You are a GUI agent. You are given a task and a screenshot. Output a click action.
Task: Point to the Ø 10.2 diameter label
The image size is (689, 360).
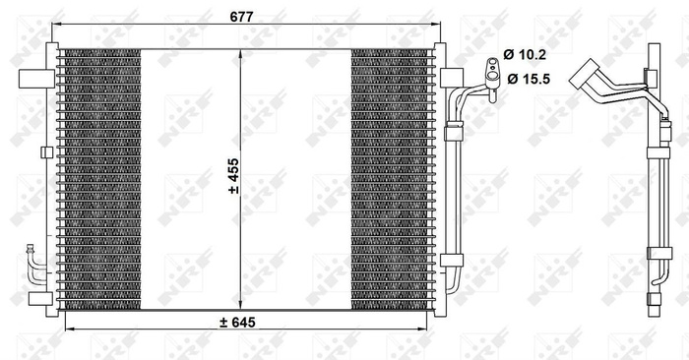[x=532, y=54]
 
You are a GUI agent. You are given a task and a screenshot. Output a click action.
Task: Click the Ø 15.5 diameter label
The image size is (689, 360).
[x=532, y=76]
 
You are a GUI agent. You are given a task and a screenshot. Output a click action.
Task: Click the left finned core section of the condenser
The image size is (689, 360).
[x=99, y=178]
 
